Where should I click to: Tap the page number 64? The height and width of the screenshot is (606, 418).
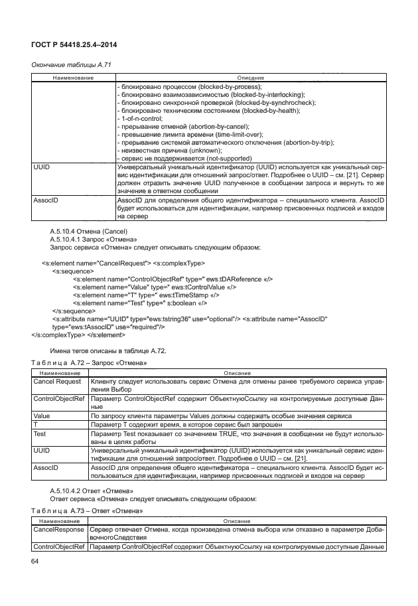pos(36,562)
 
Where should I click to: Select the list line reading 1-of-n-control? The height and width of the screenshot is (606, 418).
pos(135,118)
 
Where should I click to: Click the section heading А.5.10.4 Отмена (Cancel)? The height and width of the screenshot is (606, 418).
pos(88,230)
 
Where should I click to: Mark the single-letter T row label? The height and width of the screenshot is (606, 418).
pos(35,423)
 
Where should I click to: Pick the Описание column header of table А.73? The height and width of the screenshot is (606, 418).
pos(236,522)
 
